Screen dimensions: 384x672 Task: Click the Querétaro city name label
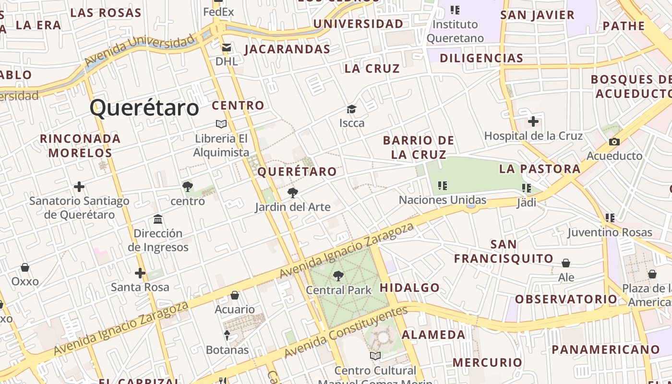[144, 108]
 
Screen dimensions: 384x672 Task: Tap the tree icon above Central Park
[338, 276]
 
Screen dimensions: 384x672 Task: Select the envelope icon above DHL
[227, 48]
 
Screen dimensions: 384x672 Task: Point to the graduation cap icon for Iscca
[352, 109]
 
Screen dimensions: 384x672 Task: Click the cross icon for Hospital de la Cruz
[533, 121]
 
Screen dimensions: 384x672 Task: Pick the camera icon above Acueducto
[614, 142]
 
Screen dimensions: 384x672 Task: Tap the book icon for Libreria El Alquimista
[221, 124]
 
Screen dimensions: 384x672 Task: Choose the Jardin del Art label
[292, 207]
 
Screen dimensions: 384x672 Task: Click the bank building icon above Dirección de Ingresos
[158, 219]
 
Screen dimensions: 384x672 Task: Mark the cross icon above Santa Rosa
[140, 273]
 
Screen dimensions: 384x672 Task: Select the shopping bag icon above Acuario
[235, 295]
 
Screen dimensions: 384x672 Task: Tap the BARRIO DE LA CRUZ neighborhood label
[419, 147]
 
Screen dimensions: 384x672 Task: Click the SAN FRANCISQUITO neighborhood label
[504, 252]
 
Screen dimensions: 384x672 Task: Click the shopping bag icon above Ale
[566, 263]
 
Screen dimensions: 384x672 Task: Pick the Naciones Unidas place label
[443, 200]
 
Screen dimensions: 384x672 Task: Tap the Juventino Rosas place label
[610, 233]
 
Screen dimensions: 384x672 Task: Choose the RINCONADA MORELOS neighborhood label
[80, 146]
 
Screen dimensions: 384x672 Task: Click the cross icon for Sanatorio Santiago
[79, 187]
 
